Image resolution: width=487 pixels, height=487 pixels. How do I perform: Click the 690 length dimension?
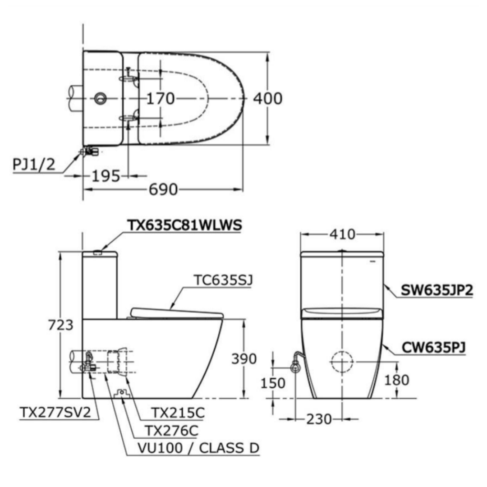click(163, 189)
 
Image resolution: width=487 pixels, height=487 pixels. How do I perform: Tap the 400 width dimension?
click(268, 98)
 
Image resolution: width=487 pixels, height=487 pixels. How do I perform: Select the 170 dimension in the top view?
click(160, 99)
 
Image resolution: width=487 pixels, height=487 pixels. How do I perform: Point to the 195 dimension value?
click(106, 176)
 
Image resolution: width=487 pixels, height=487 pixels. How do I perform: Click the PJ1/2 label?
click(34, 164)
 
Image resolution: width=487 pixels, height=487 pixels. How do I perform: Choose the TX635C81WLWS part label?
click(184, 225)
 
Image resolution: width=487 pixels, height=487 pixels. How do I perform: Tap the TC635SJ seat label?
click(223, 280)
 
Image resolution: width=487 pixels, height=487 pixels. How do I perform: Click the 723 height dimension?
click(61, 325)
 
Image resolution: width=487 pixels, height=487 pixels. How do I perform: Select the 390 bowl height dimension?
click(244, 359)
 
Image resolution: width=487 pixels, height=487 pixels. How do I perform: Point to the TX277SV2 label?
click(55, 412)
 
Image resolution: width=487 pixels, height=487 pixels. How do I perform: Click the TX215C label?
click(178, 413)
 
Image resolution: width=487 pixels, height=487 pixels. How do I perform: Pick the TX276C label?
click(171, 431)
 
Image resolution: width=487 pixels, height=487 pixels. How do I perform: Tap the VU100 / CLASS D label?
click(198, 448)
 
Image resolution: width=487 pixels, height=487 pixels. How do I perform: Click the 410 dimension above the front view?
click(342, 234)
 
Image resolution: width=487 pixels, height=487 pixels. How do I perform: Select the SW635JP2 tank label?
click(436, 290)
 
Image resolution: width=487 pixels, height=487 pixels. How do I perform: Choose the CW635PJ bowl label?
click(434, 348)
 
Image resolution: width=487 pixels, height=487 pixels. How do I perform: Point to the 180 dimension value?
click(397, 380)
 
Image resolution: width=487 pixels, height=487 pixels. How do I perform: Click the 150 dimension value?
click(273, 383)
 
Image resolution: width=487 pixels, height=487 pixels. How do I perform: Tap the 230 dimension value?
click(319, 419)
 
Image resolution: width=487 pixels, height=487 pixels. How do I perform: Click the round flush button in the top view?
click(100, 98)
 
